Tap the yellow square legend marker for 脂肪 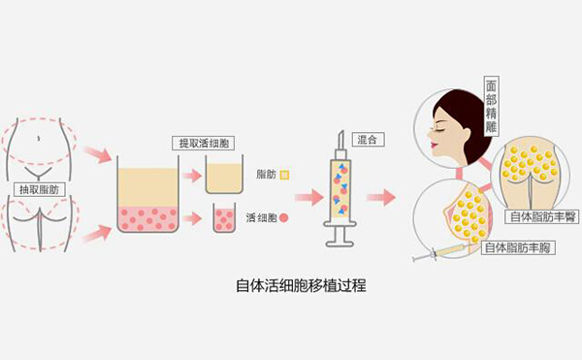point(284,175)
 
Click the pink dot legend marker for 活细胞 point(284,218)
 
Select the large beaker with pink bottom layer point(147,198)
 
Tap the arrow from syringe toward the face point(380,197)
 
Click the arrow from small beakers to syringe point(307,198)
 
